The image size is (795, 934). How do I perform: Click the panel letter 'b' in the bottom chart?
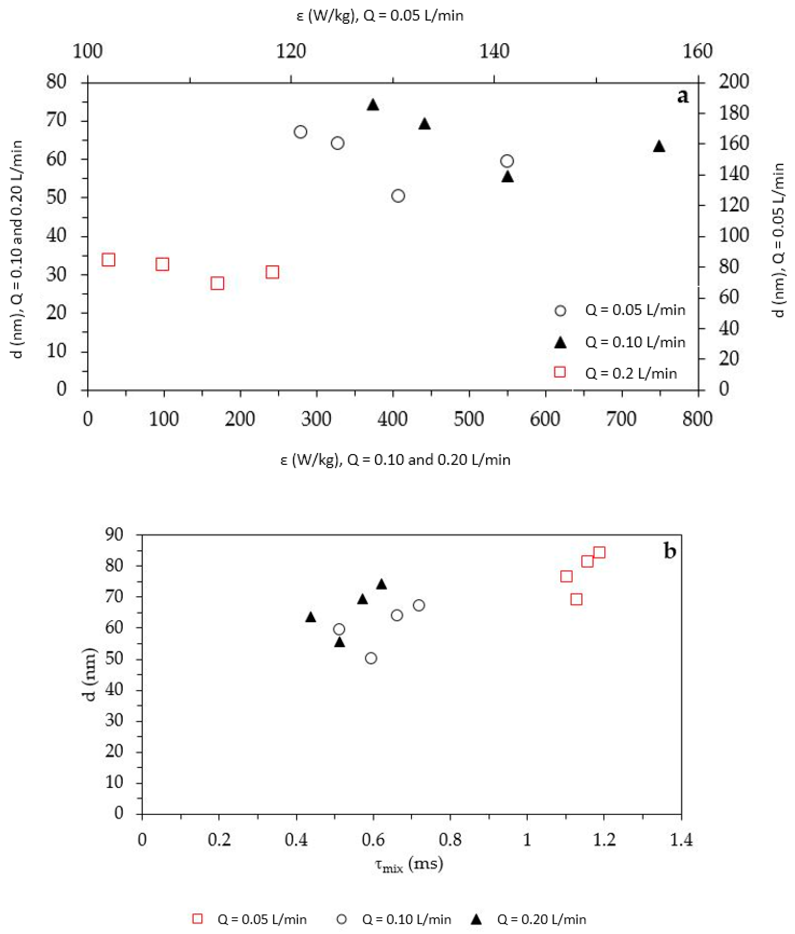coord(670,551)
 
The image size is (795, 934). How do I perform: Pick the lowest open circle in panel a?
coord(398,196)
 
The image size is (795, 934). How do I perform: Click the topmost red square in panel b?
coord(599,553)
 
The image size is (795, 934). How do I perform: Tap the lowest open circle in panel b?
coord(371,658)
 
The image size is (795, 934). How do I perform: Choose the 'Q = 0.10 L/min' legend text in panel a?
coord(635,342)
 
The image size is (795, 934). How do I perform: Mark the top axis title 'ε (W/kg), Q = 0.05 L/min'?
coord(380,16)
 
